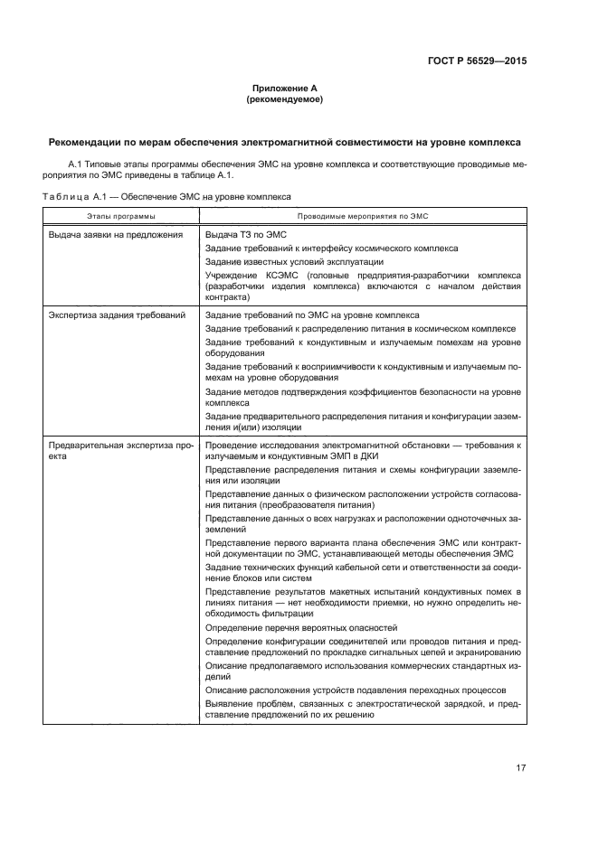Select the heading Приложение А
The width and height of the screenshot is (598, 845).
(284, 89)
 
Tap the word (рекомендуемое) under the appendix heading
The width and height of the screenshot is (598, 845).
(284, 100)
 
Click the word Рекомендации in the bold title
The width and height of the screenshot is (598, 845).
(89, 143)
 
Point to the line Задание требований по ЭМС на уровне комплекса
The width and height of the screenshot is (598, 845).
(312, 315)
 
